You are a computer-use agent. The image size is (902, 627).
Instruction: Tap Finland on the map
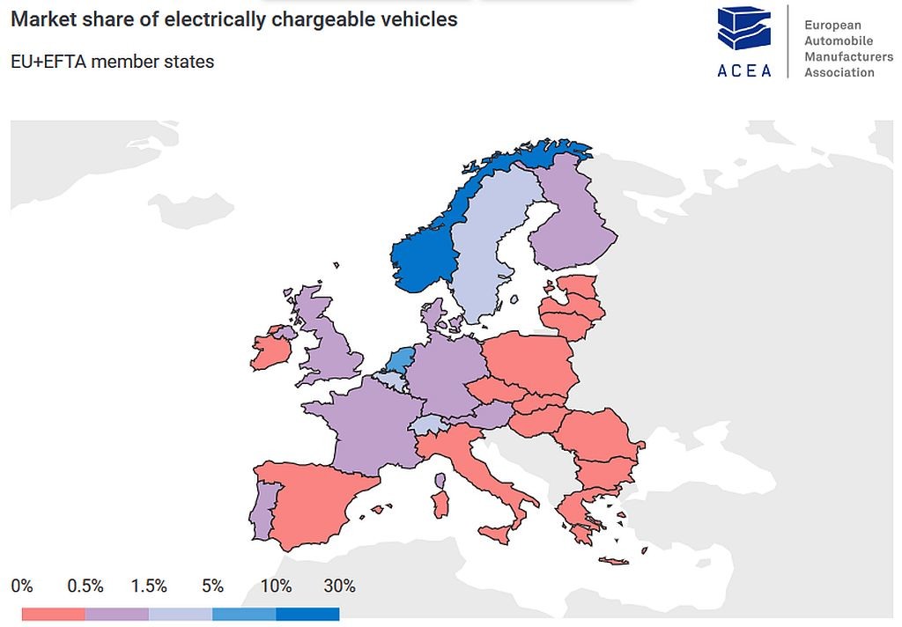[573, 220]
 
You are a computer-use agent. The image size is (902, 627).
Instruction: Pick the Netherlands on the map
[401, 360]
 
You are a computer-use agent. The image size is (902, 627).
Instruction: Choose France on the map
[370, 423]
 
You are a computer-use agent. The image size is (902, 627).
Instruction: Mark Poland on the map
[529, 361]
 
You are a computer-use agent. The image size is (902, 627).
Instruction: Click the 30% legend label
[339, 586]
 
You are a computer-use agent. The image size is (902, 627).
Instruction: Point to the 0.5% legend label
[85, 586]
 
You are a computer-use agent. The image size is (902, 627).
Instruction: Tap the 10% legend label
[276, 586]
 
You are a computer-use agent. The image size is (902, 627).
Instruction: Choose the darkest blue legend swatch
[307, 614]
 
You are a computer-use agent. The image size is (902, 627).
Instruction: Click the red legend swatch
[53, 614]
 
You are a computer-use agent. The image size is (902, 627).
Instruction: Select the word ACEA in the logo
[744, 70]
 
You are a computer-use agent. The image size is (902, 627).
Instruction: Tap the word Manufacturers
[848, 56]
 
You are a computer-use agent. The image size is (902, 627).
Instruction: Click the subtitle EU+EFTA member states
[113, 62]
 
